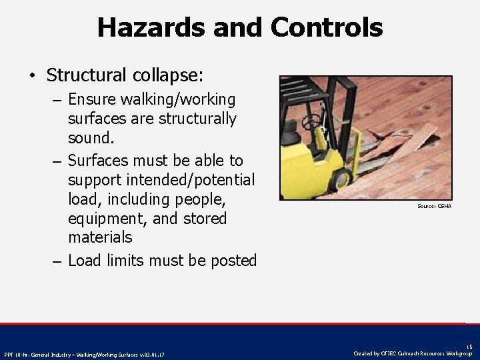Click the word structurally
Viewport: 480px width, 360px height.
click(193, 119)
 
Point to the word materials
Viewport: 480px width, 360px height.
click(100, 237)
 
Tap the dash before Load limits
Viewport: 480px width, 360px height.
click(58, 261)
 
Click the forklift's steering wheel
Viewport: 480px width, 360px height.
click(309, 123)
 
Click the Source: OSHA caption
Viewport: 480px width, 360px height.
click(434, 206)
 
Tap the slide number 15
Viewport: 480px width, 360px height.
click(469, 347)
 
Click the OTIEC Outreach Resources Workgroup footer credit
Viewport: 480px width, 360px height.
click(413, 353)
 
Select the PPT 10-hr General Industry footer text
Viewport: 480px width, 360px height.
click(85, 354)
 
